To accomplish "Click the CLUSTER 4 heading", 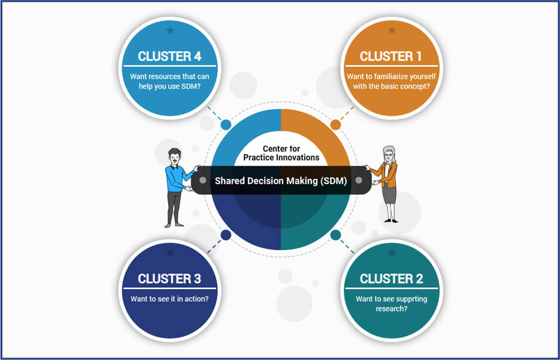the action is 169,57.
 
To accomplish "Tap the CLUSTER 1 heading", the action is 391,57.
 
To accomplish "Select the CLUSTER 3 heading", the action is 169,279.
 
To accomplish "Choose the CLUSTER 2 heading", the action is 391,279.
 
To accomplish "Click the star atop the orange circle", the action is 392,30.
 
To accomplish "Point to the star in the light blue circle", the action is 170,30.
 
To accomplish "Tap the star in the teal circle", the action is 392,253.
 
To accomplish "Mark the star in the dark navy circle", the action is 170,253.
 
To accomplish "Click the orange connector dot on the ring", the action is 335,125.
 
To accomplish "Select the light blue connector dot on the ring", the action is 225,125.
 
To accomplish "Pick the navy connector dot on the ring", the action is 225,235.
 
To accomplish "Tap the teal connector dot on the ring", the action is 335,235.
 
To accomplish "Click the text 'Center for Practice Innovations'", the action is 281,153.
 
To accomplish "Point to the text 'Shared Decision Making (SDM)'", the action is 281,181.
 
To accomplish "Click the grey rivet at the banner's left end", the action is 203,180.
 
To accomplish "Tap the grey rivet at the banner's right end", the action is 358,180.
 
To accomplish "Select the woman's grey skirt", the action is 389,195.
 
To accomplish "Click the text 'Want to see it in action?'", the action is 169,299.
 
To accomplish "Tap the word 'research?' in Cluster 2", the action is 391,309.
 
